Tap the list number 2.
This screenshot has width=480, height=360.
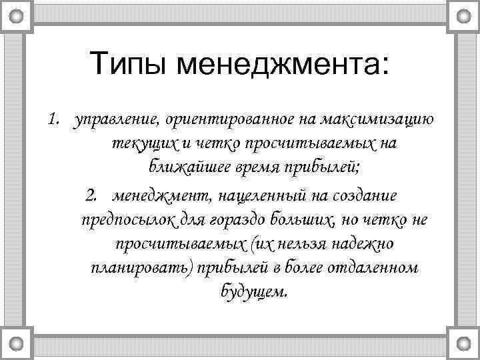[x=92, y=196]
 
